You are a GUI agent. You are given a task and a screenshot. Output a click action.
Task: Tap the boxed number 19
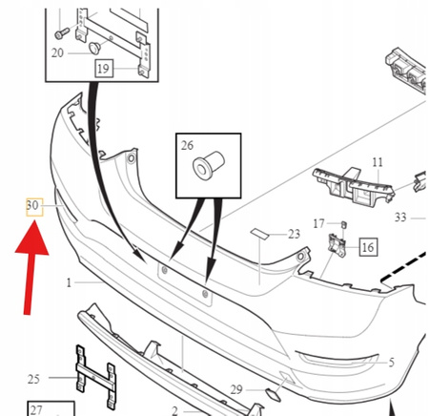tap(104, 69)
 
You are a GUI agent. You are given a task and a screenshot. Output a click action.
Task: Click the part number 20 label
tap(57, 53)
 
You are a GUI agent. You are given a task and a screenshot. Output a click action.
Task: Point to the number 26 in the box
tap(187, 145)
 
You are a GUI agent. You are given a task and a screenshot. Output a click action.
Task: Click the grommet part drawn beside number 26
tap(209, 165)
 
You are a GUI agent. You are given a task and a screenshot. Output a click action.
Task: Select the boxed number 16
tap(368, 247)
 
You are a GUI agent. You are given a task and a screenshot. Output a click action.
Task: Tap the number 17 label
tap(318, 224)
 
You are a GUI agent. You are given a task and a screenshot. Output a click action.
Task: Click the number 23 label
tap(294, 234)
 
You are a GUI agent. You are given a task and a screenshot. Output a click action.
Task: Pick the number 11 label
tap(378, 162)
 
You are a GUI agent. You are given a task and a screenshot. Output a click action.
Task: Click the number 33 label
tap(400, 218)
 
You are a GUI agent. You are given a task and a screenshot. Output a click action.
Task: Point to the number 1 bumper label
tap(69, 282)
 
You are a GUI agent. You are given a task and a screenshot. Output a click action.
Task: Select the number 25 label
tap(33, 379)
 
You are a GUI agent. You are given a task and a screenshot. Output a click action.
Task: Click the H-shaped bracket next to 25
tap(95, 378)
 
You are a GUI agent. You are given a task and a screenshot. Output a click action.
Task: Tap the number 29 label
tap(236, 389)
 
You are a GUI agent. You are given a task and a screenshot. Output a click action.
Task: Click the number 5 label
tap(392, 363)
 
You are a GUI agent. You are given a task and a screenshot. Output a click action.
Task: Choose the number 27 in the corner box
tap(36, 410)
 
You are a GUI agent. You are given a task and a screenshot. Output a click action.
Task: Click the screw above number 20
tap(62, 33)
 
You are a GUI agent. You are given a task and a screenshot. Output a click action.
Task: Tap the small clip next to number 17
tap(343, 225)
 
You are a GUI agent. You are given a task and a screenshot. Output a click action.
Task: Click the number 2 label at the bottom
tap(174, 410)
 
